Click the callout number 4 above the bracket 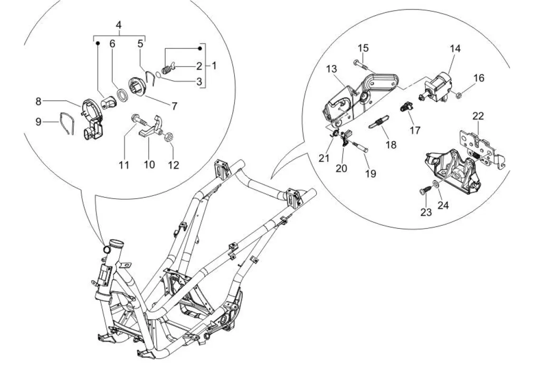click(x=118, y=25)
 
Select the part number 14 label click(x=455, y=48)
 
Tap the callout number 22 click(x=478, y=116)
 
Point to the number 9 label click(x=38, y=122)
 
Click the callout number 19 click(x=371, y=173)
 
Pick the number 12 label click(x=173, y=165)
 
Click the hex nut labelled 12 click(x=168, y=137)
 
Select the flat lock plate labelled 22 click(x=482, y=147)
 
